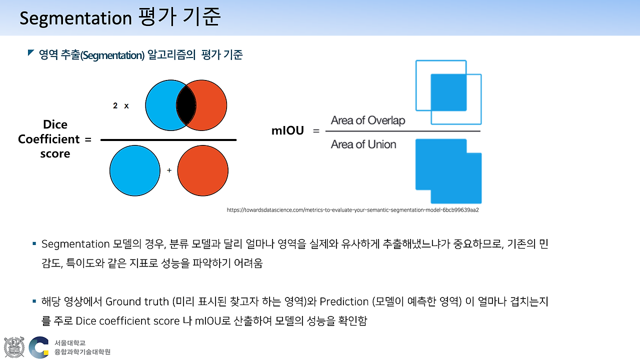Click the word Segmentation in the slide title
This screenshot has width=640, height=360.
pyautogui.click(x=75, y=18)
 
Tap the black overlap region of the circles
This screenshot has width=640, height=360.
pyautogui.click(x=185, y=105)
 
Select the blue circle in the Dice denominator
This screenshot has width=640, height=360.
pyautogui.click(x=134, y=170)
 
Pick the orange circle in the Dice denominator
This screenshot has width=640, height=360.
pyautogui.click(x=202, y=170)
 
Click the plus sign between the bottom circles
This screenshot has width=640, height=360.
pyautogui.click(x=169, y=170)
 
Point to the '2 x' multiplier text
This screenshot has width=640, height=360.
pyautogui.click(x=121, y=106)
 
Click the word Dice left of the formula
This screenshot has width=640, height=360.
pyautogui.click(x=55, y=124)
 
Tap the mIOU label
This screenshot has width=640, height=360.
pyautogui.click(x=287, y=131)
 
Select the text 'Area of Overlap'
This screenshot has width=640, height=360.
pyautogui.click(x=367, y=120)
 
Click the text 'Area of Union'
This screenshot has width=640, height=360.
pyautogui.click(x=363, y=144)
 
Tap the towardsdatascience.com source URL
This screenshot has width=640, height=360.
pyautogui.click(x=353, y=210)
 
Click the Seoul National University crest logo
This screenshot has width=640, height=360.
pyautogui.click(x=14, y=347)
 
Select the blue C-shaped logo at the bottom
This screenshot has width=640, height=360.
pyautogui.click(x=39, y=347)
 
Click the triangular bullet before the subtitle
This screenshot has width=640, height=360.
pyautogui.click(x=31, y=52)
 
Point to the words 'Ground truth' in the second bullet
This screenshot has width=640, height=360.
pyautogui.click(x=137, y=301)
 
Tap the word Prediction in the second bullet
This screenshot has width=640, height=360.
pyautogui.click(x=344, y=301)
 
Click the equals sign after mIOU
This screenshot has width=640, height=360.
pyautogui.click(x=315, y=131)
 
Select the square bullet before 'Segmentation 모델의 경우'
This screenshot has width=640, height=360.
pyautogui.click(x=34, y=243)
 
